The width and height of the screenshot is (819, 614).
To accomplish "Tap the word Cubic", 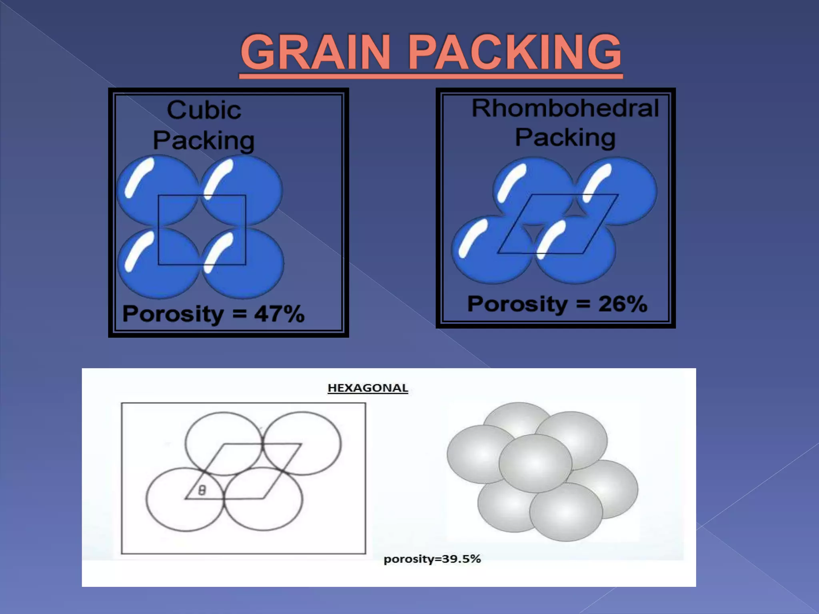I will click(204, 110).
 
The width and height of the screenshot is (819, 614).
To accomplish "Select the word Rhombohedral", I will click(565, 108).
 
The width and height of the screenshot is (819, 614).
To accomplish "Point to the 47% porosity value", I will click(279, 314).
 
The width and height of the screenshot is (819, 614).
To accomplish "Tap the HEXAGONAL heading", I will click(368, 388).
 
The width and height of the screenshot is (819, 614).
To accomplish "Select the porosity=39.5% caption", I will click(432, 558).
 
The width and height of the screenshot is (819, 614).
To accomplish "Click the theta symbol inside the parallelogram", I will click(202, 490).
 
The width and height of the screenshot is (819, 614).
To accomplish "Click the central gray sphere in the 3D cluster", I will click(535, 463).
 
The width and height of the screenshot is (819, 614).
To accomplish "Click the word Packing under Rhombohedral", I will click(565, 138).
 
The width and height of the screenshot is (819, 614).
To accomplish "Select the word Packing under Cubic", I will click(204, 141).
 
